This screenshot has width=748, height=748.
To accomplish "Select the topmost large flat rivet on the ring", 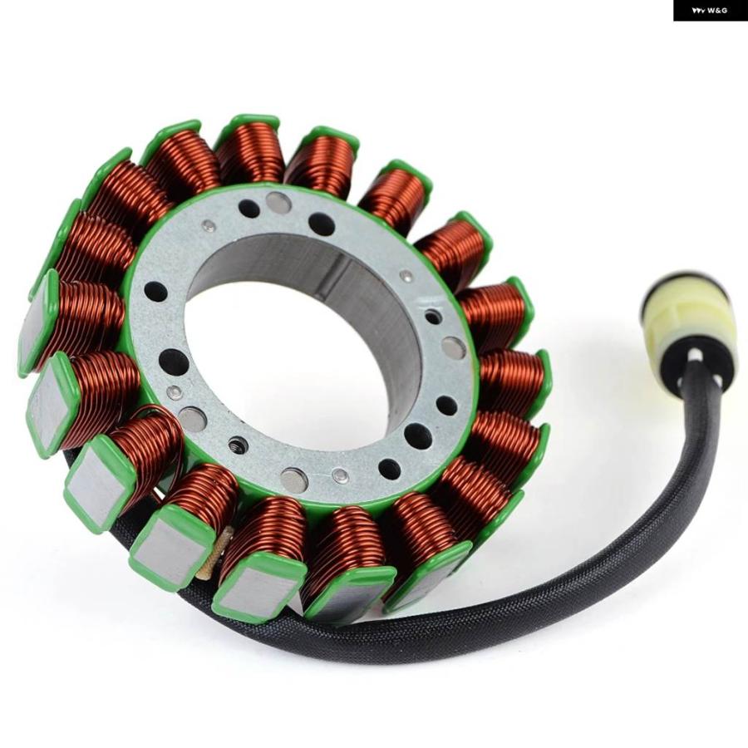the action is pyautogui.click(x=278, y=202).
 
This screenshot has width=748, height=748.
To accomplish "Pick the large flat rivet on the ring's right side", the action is pyautogui.click(x=454, y=348).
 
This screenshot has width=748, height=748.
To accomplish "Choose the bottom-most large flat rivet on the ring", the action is pyautogui.click(x=293, y=480).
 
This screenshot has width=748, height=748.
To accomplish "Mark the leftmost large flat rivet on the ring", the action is pyautogui.click(x=192, y=419).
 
